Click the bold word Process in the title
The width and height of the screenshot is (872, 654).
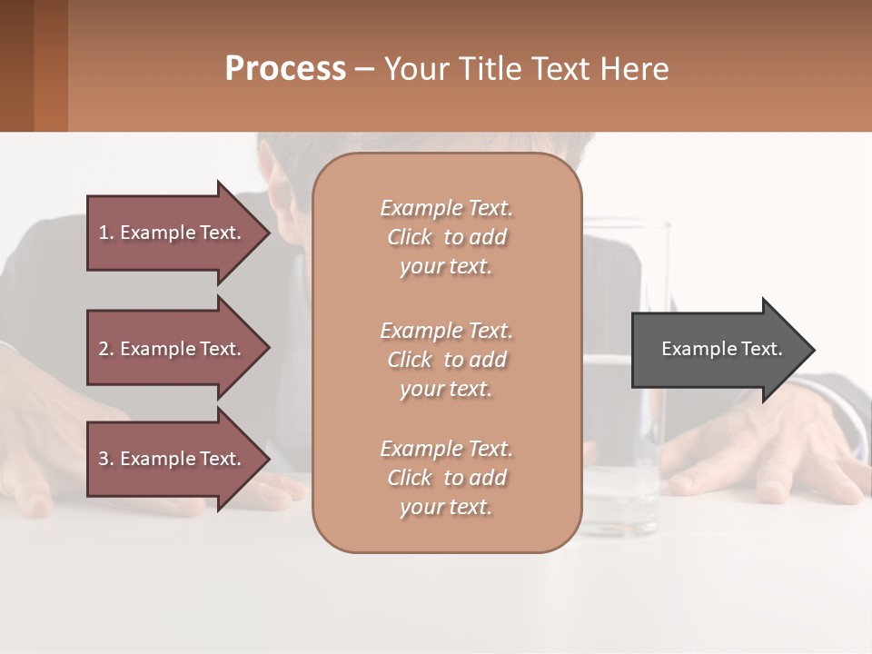click(285, 69)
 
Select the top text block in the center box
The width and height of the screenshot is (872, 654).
click(446, 237)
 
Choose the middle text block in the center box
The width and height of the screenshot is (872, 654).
click(446, 360)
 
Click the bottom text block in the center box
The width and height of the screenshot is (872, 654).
click(446, 478)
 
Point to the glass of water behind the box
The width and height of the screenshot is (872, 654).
click(627, 472)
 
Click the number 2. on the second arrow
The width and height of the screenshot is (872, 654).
click(106, 349)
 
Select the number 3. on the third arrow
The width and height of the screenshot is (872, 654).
click(106, 459)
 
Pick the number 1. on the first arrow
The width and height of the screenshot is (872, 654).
click(106, 233)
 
